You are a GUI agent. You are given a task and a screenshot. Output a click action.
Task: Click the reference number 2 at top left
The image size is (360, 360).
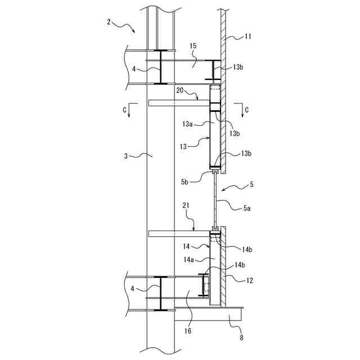[x=109, y=22]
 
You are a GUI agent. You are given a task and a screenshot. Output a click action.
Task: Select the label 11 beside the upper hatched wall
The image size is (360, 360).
[x=247, y=37]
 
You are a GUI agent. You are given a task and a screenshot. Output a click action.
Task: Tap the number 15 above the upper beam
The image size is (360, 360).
[x=193, y=46]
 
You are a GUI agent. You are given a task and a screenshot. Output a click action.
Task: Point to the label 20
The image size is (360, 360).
[x=180, y=91]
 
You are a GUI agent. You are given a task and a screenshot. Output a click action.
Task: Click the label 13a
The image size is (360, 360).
[x=187, y=124]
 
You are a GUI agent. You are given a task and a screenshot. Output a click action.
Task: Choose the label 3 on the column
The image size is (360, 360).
[x=126, y=156]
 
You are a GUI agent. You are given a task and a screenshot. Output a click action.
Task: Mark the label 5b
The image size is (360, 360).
[x=184, y=182]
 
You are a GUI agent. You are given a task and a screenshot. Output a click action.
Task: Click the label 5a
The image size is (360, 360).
[x=247, y=208]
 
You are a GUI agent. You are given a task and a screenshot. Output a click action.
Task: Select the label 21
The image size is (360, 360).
[x=186, y=205]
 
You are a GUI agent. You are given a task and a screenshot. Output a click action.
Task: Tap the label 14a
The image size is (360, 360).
[x=189, y=260]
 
